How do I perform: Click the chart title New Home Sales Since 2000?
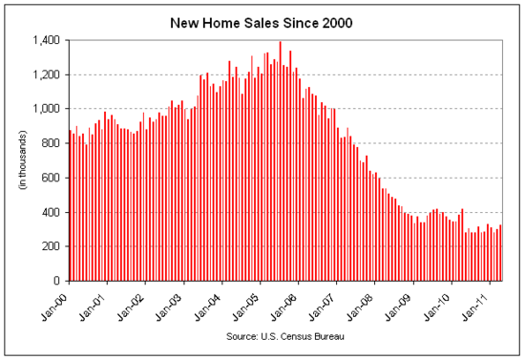262,19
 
